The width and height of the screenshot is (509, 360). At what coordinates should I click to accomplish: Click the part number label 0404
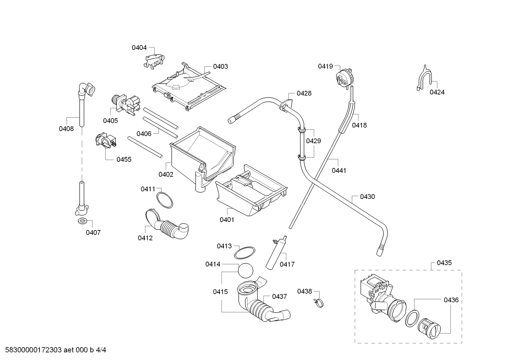(x=139, y=47)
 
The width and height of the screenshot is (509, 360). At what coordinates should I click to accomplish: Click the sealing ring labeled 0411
(x=165, y=200)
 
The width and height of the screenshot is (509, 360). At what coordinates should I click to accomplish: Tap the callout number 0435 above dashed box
(x=444, y=263)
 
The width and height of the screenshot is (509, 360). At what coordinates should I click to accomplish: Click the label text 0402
(x=166, y=174)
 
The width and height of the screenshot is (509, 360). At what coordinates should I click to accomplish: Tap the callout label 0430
(x=367, y=197)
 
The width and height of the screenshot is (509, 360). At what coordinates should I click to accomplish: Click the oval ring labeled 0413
(x=245, y=253)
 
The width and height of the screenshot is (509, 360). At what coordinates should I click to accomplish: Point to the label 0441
(x=339, y=171)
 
